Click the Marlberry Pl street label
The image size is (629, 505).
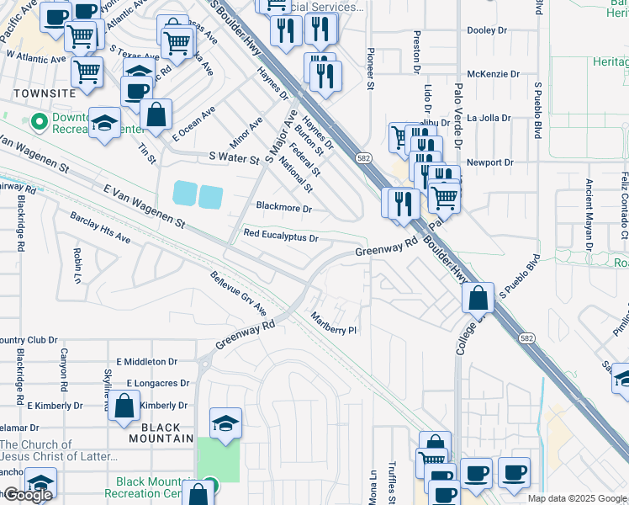point(335,324)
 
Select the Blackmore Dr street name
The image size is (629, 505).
point(283,208)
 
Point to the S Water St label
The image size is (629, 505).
point(235,157)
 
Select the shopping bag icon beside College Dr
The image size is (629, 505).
point(478,298)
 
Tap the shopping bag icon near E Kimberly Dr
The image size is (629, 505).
point(124,407)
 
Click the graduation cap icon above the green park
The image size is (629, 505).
point(225,423)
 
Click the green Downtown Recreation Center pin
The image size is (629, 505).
point(38,122)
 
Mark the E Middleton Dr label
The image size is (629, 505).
point(147,361)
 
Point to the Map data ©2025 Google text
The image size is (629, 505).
point(577,498)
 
